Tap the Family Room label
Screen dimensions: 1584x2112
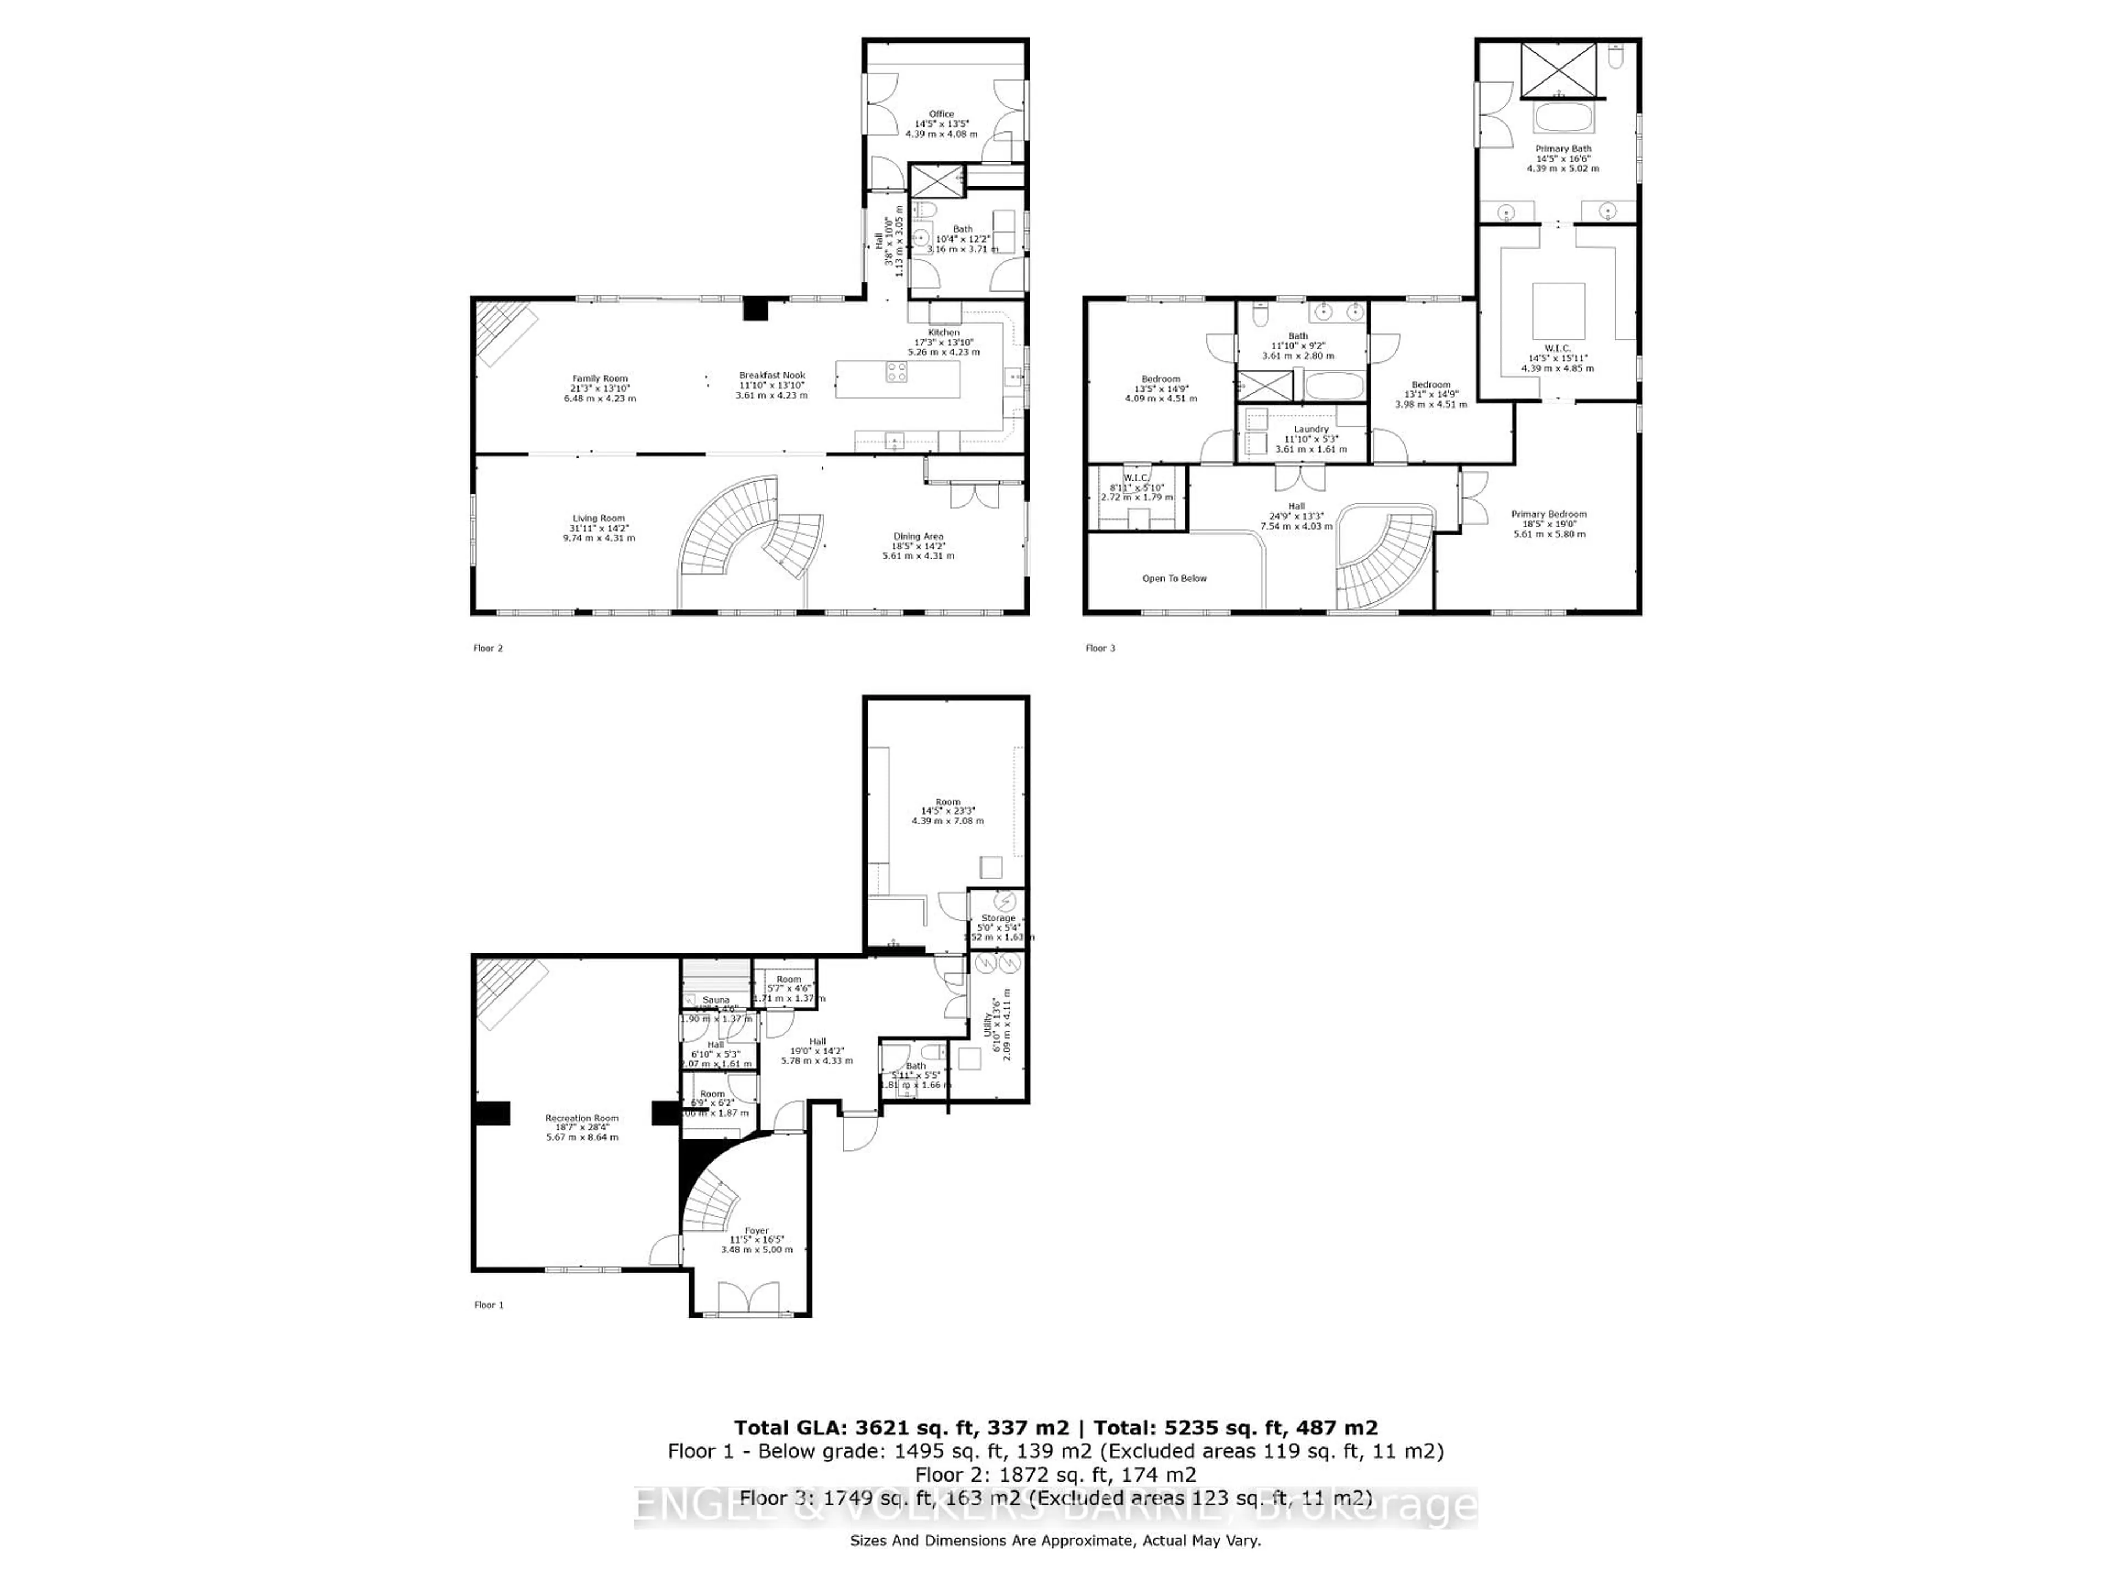click(x=599, y=379)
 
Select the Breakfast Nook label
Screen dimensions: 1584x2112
click(x=772, y=375)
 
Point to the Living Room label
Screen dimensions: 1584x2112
click(x=598, y=519)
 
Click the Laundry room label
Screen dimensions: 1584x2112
click(x=1311, y=430)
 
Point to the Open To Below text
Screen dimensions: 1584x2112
click(x=1174, y=579)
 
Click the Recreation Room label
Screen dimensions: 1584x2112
click(x=581, y=1118)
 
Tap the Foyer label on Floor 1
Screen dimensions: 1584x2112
click(x=756, y=1231)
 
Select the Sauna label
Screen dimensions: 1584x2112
click(x=716, y=1000)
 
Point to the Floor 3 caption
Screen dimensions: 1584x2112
click(x=1100, y=648)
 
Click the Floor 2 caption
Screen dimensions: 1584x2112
click(x=488, y=648)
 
